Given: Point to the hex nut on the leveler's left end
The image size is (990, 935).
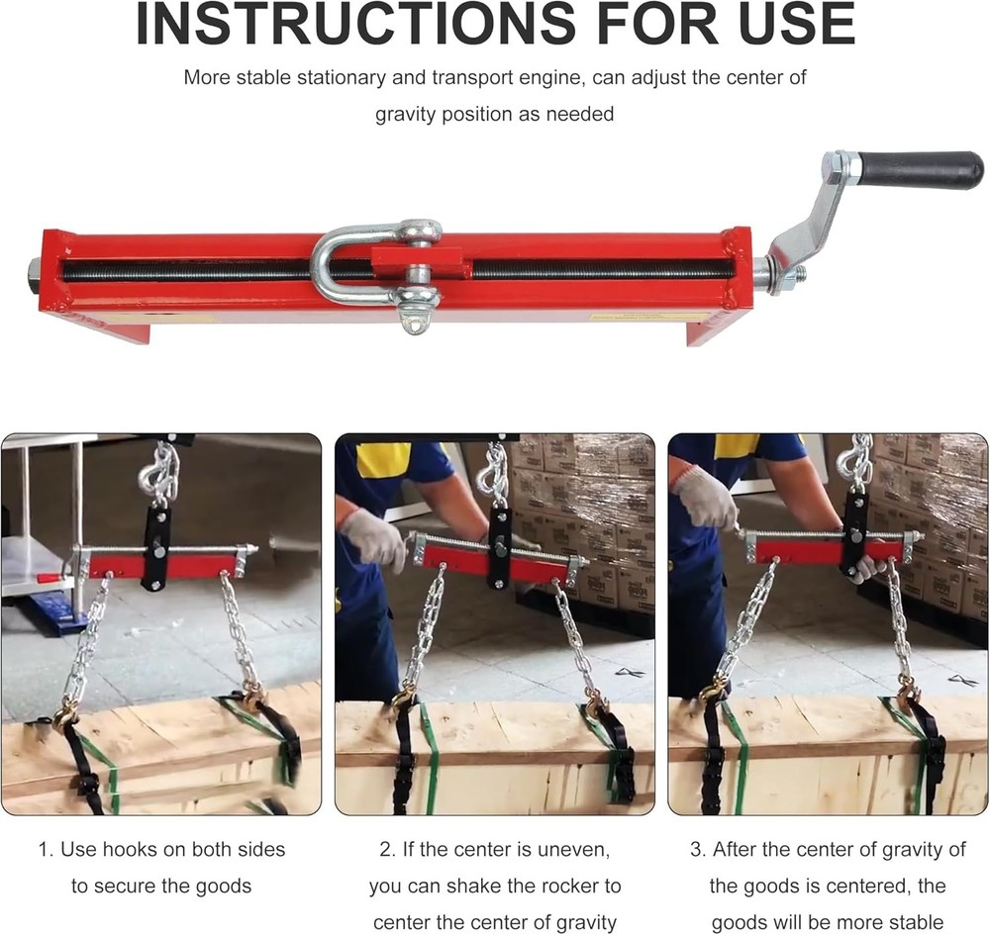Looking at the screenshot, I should point(34,269).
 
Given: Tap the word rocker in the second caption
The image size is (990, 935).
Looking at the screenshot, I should point(577,886).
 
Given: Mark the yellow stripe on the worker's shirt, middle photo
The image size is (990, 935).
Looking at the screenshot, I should point(382,459).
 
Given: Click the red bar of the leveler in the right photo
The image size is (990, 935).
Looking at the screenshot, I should point(802,550).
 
